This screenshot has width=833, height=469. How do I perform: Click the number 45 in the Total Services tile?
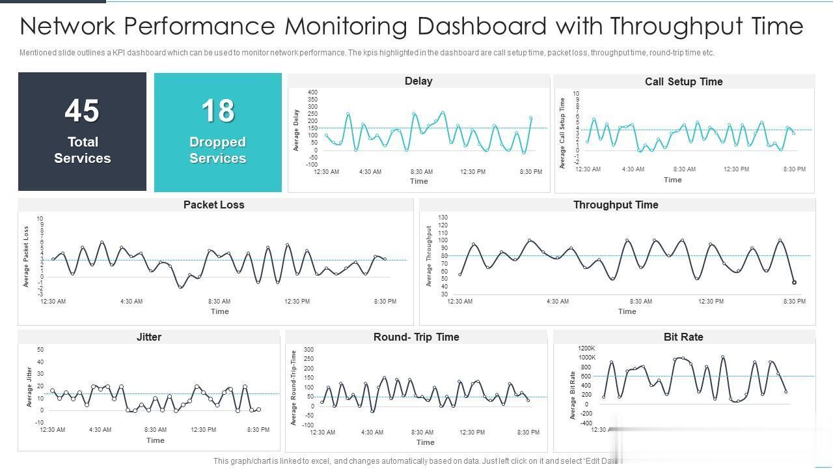(82, 111)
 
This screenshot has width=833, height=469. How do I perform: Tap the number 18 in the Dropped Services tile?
(217, 111)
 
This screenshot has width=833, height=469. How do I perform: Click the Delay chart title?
(418, 81)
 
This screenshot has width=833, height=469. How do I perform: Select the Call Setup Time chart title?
(683, 81)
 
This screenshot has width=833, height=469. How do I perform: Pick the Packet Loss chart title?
(213, 205)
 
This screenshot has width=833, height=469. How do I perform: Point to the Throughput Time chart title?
(616, 205)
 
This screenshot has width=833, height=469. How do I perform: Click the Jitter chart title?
(149, 337)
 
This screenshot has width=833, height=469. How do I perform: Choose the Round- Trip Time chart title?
(416, 337)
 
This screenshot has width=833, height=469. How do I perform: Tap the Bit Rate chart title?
(683, 337)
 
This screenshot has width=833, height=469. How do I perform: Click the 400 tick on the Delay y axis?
(312, 92)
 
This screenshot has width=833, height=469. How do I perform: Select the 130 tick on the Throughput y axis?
(443, 217)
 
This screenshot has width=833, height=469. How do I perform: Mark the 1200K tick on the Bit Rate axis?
(586, 348)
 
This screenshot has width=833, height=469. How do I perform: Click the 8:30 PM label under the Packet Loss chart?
(385, 302)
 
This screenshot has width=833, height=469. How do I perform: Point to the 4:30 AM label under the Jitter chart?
(100, 430)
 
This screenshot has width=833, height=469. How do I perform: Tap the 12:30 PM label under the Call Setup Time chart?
(736, 169)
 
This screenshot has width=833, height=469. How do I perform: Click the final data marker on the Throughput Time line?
(794, 283)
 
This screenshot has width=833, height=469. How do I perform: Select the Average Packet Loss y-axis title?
(27, 257)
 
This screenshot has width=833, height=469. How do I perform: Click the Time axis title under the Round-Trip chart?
(425, 442)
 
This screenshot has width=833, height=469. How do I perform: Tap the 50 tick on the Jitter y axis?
(40, 350)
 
